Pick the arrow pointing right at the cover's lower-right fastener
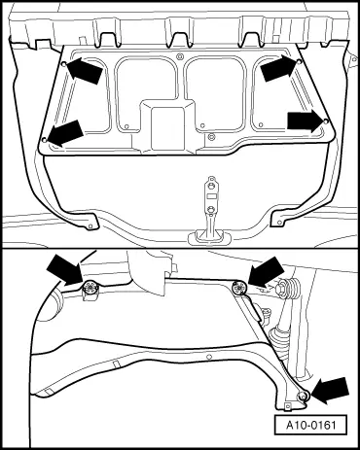click(x=306, y=121)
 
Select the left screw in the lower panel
click(x=90, y=287)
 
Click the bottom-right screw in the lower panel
click(x=303, y=395)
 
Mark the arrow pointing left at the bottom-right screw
click(x=329, y=391)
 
